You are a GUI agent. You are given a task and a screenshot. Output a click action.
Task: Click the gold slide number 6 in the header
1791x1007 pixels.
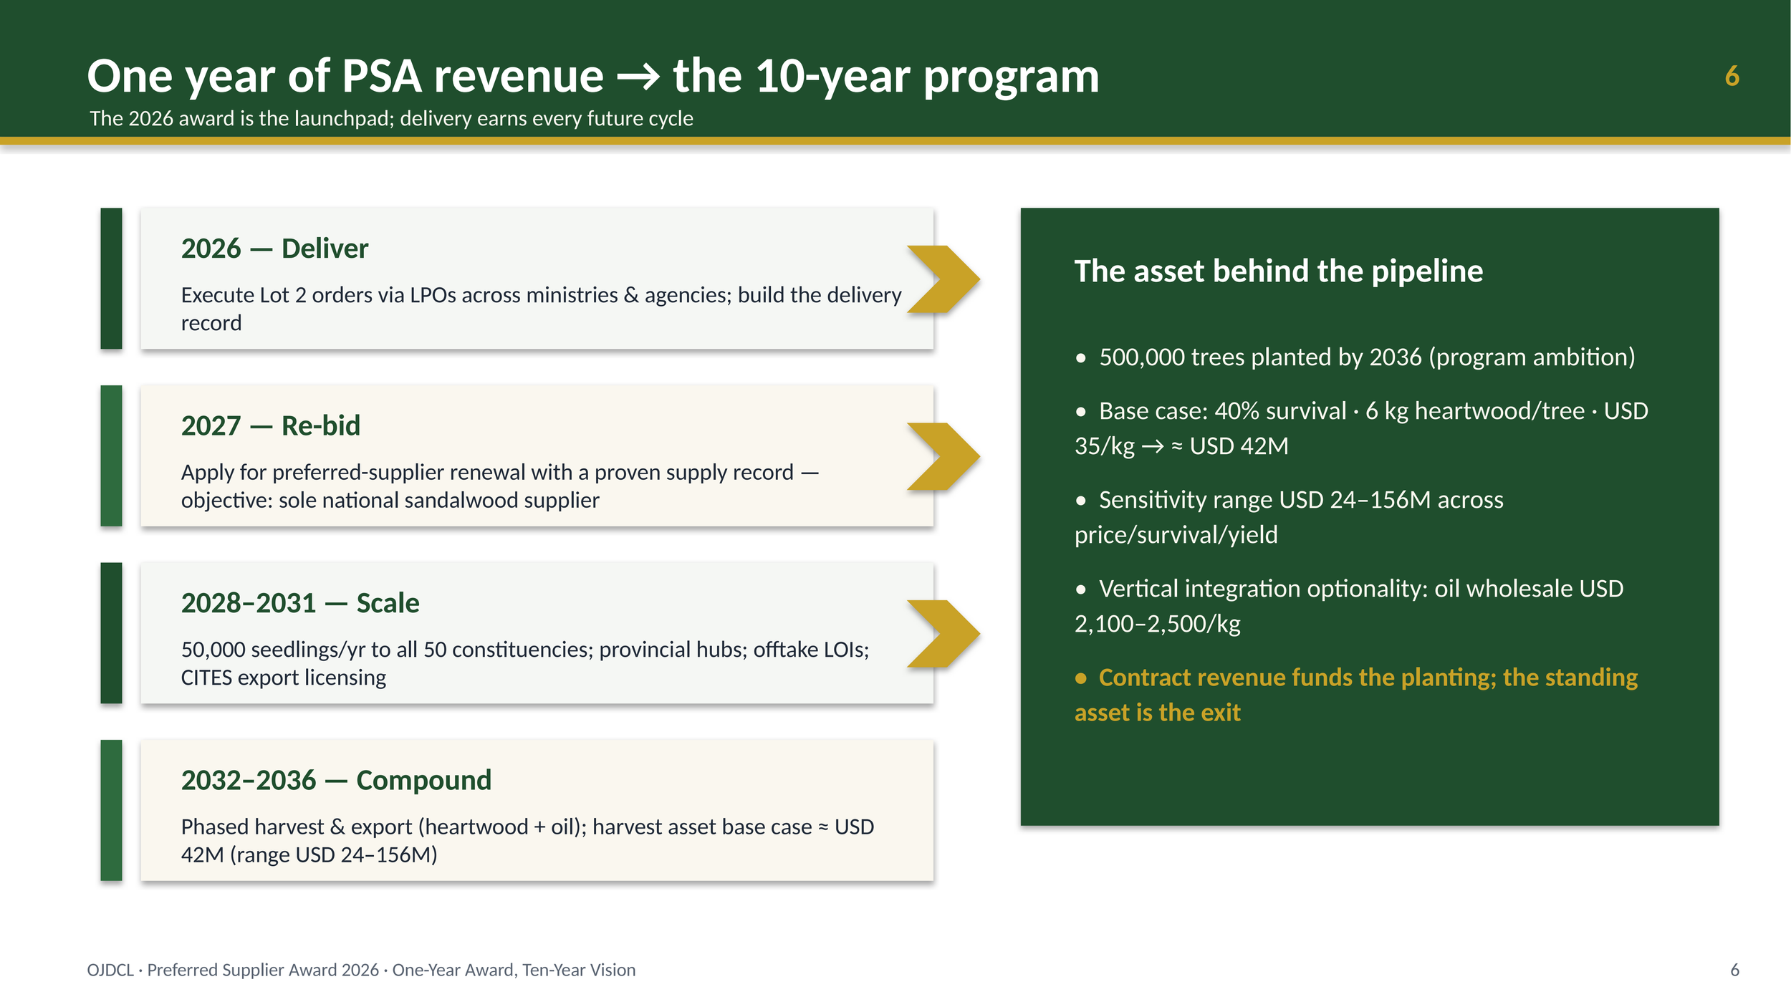tap(1732, 76)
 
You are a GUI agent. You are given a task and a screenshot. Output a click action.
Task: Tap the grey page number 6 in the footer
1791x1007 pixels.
tap(1734, 970)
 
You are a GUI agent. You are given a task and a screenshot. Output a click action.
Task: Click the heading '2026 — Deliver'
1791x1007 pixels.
tap(274, 249)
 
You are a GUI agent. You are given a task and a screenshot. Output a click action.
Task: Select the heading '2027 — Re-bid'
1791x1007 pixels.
tap(271, 425)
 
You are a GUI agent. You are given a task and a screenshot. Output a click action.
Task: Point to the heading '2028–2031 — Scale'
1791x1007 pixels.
tap(300, 603)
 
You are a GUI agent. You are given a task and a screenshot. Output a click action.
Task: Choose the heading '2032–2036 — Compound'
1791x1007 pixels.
tap(336, 780)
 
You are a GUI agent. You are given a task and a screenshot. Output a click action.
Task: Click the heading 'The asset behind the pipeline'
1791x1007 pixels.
tap(1278, 271)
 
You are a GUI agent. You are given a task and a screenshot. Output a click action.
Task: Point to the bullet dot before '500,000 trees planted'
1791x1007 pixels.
tap(1081, 358)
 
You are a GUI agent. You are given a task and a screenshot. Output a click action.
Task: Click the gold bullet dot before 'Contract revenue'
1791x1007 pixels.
tap(1081, 678)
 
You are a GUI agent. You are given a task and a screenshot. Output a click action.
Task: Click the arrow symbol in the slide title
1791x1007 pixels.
tap(638, 77)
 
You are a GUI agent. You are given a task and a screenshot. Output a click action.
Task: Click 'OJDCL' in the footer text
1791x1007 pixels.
tap(110, 970)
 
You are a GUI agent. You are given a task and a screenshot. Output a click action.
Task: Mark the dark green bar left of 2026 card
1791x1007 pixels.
tap(111, 279)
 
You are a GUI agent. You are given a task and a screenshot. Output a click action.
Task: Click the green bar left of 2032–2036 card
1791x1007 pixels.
tap(111, 810)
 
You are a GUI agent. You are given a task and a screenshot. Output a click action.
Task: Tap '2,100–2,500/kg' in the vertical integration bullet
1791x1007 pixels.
tap(1157, 624)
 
